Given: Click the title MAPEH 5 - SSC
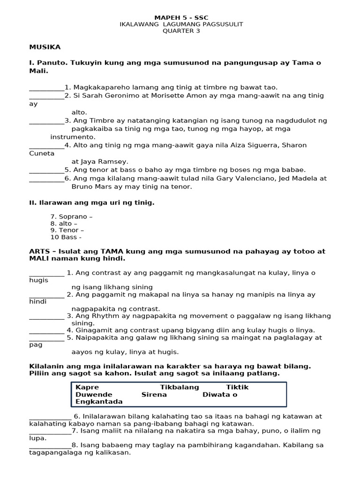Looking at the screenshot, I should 181,18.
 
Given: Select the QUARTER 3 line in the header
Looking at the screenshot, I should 181,31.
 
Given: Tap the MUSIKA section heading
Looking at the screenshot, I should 45,47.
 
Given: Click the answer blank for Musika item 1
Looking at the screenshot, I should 46,88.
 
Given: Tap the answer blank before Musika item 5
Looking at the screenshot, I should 46,170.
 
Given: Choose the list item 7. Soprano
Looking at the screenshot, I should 71,217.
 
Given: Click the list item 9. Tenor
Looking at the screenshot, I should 67,230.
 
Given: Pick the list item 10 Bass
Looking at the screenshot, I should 66,237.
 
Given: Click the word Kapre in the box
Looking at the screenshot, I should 88,387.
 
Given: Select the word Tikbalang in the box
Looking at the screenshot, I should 180,387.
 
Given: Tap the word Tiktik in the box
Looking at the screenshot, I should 237,387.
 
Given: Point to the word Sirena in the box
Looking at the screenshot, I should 154,395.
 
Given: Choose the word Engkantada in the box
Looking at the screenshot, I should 99,402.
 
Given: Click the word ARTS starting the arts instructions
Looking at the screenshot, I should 39,251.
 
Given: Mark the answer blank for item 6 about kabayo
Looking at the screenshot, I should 50,417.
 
